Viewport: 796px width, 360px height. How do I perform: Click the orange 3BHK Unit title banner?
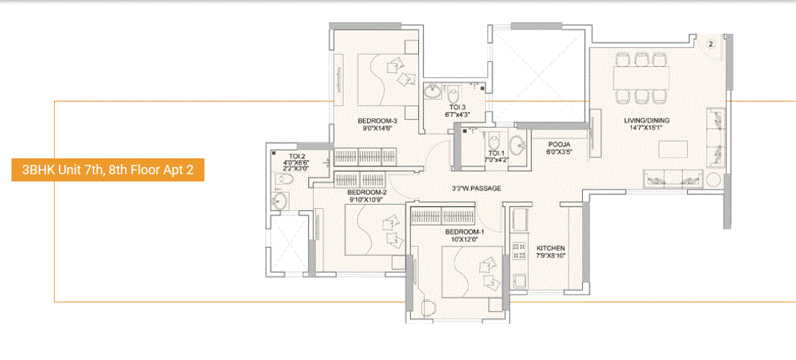click(x=108, y=171)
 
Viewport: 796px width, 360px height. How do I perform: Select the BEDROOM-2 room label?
click(x=367, y=193)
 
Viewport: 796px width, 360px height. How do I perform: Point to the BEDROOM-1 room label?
click(x=464, y=232)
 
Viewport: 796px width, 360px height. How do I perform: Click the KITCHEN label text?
click(x=551, y=248)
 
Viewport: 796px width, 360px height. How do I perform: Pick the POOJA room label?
click(x=559, y=144)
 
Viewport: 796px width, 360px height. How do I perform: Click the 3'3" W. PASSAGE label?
click(x=471, y=189)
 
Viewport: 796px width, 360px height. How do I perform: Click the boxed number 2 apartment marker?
click(x=710, y=44)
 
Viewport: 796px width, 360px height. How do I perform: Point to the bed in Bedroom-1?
click(x=471, y=270)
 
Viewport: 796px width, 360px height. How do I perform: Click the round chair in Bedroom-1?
click(x=429, y=308)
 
